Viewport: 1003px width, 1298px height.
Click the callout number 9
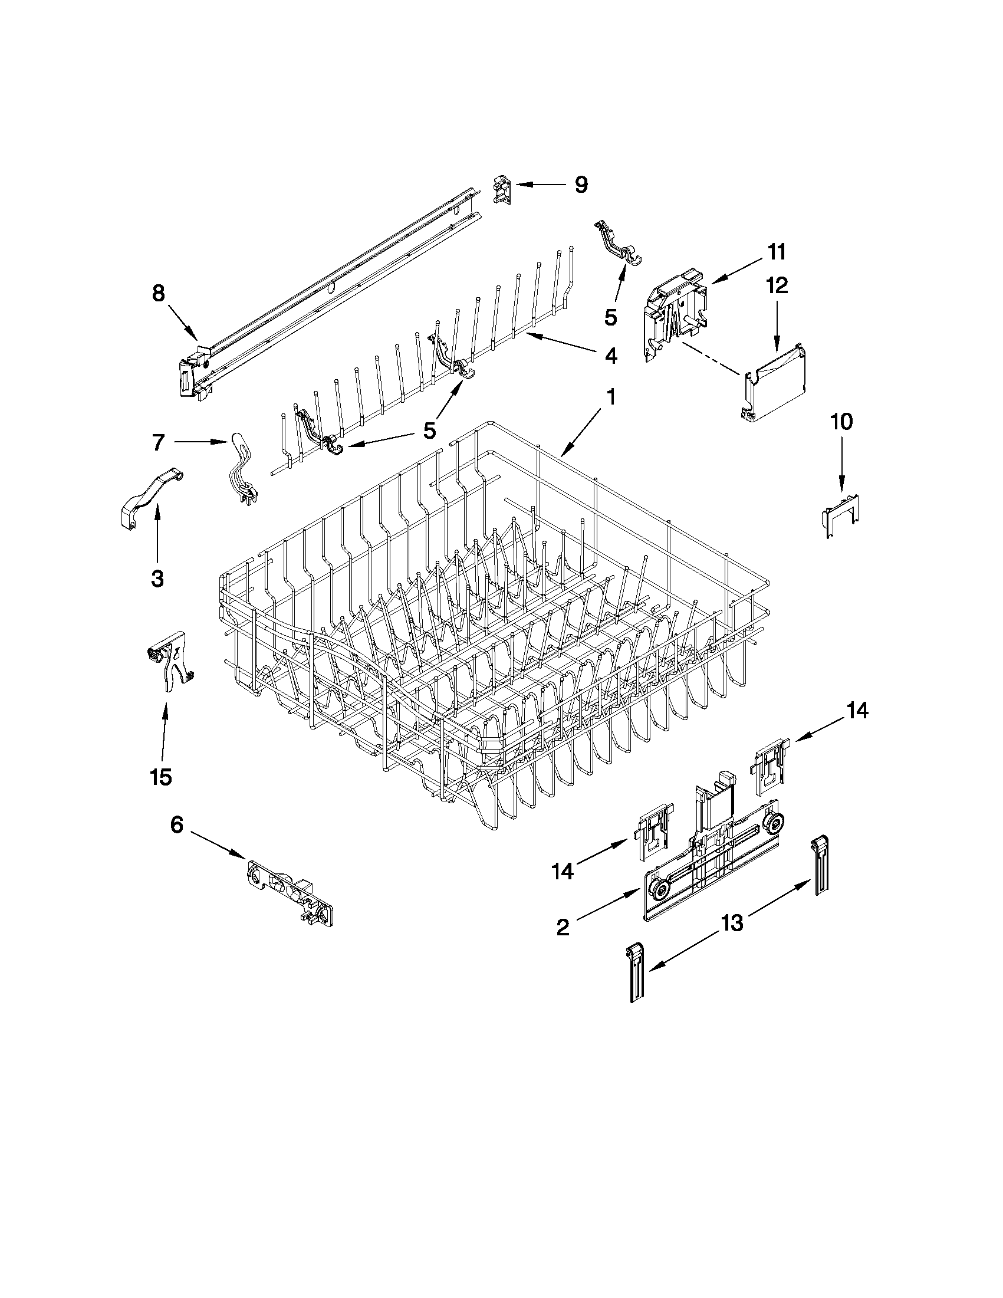pyautogui.click(x=581, y=185)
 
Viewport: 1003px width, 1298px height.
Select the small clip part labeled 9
pyautogui.click(x=502, y=192)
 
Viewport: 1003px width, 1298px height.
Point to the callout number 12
pyautogui.click(x=777, y=285)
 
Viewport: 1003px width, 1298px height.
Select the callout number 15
pyautogui.click(x=161, y=776)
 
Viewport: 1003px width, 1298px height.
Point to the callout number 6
pyautogui.click(x=177, y=826)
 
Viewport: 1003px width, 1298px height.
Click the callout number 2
pyautogui.click(x=563, y=927)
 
